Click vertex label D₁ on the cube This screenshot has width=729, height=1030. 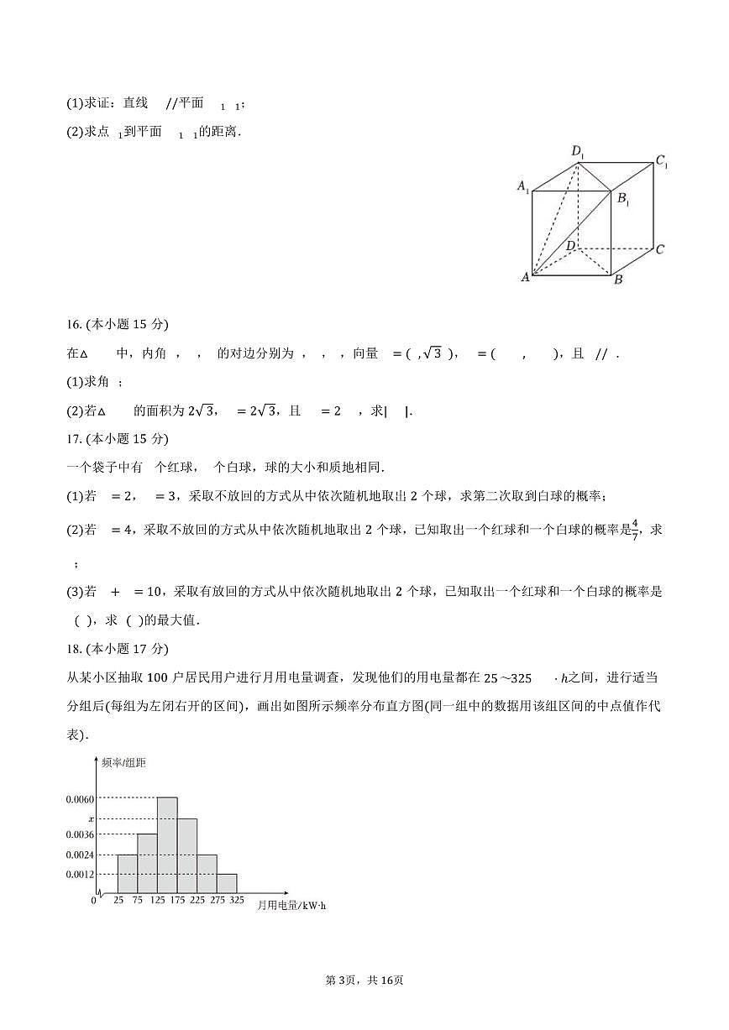[x=578, y=152]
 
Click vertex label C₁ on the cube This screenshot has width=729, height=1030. [x=662, y=161]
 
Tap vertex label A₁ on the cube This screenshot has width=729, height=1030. [x=522, y=186]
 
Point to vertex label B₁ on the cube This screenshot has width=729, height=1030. [x=624, y=199]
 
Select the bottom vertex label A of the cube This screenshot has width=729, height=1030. [x=526, y=277]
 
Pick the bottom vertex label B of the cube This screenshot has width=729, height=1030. [x=618, y=280]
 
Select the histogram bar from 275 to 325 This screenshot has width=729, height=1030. [x=226, y=884]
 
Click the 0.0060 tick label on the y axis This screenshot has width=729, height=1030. [x=80, y=799]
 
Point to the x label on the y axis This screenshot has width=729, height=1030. [x=92, y=818]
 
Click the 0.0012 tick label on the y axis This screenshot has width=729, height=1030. [x=80, y=875]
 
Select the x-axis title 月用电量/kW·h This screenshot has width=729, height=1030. [x=291, y=906]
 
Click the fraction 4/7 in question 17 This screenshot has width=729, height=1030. [x=635, y=530]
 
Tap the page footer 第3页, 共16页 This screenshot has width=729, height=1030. [x=364, y=1004]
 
